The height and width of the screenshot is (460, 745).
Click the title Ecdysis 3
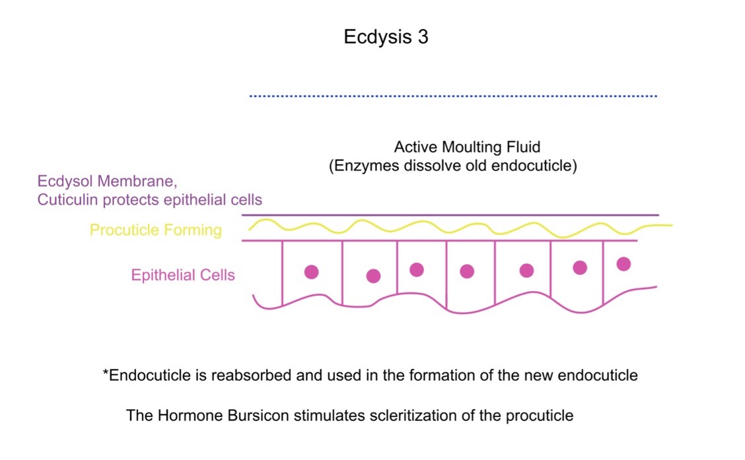(x=386, y=37)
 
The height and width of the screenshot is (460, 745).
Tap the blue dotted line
(x=453, y=96)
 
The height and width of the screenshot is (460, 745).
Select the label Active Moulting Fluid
(x=467, y=147)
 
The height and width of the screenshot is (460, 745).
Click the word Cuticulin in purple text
(x=68, y=199)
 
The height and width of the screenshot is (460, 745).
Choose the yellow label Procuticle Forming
(x=155, y=230)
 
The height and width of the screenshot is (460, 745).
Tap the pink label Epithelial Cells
(x=183, y=275)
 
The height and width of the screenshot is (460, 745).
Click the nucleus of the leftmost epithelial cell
(x=311, y=272)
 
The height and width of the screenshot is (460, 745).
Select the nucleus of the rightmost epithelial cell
(x=623, y=264)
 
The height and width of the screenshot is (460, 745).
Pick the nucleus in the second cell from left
(x=373, y=276)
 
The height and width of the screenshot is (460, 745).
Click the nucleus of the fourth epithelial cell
(x=467, y=271)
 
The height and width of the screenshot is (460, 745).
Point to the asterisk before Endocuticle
(x=106, y=371)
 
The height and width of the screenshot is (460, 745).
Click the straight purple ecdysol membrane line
(x=450, y=215)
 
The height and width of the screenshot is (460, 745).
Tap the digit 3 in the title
(x=423, y=37)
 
